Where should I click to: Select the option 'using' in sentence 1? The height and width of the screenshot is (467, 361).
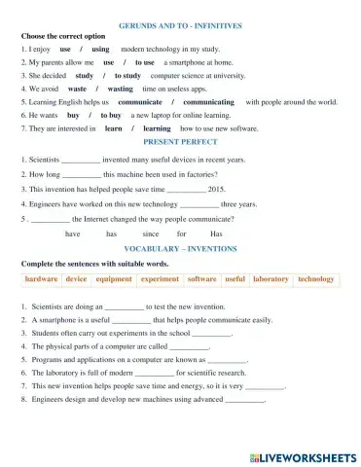click(100, 48)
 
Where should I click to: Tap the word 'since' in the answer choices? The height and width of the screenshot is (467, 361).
click(150, 234)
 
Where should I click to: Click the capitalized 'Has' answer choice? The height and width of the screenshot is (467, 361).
click(216, 234)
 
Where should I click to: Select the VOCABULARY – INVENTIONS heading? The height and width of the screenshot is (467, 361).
click(181, 250)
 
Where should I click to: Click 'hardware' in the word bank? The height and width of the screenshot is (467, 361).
click(42, 280)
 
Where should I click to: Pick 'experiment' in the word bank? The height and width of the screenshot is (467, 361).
click(160, 280)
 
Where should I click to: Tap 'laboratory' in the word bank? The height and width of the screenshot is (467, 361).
click(271, 280)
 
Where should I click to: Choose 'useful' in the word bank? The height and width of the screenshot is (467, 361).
click(235, 280)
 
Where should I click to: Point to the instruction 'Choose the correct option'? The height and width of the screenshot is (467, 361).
click(63, 35)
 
